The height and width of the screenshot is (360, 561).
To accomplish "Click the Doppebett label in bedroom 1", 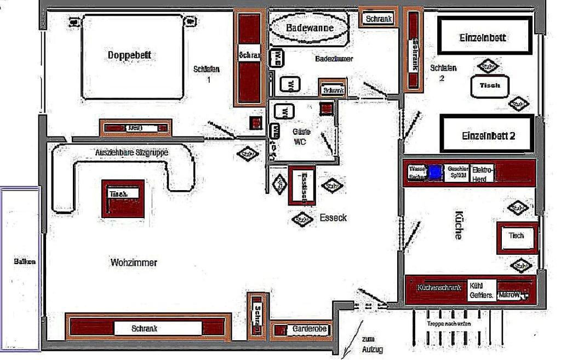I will [129, 55].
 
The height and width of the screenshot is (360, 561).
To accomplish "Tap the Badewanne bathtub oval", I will [310, 27].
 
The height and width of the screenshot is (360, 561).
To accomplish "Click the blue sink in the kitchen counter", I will [435, 173].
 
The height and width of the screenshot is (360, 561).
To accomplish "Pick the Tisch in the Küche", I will [517, 236].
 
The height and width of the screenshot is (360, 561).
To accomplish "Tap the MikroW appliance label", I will [509, 295].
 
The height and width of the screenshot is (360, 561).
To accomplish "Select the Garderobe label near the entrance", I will [310, 329].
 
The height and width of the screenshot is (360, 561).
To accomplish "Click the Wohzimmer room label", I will [134, 262].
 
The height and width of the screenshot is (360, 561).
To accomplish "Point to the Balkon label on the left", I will [25, 261].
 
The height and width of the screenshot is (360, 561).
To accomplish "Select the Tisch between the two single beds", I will [490, 86].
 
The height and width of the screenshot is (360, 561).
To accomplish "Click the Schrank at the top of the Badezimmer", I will [379, 19].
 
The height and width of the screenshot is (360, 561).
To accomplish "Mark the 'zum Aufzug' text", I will [371, 344].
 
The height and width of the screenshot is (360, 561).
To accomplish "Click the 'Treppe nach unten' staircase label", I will [449, 323].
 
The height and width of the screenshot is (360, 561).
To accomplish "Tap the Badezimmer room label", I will [334, 59].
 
